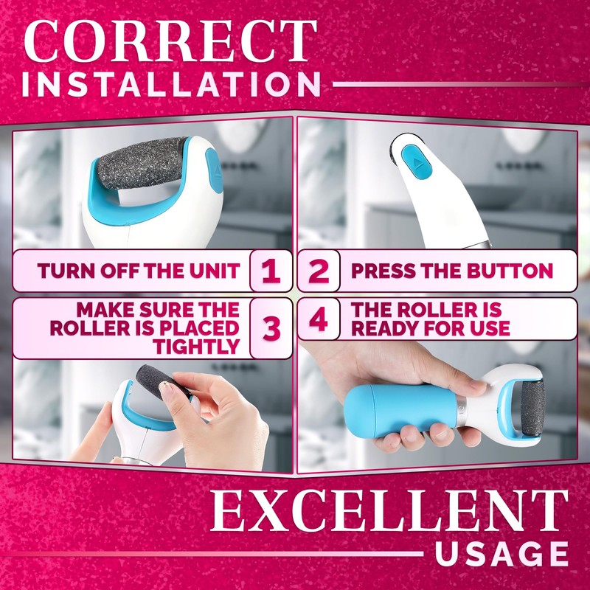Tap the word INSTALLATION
[x=171, y=84]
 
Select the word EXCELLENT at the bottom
[x=389, y=510]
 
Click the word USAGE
[x=502, y=554]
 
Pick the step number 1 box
[x=271, y=271]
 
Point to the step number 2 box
[x=319, y=271]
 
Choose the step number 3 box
[x=271, y=328]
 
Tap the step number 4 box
[x=319, y=319]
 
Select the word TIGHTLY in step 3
[x=196, y=347]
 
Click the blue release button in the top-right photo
[x=416, y=162]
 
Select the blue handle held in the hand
[x=400, y=411]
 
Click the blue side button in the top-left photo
[x=214, y=170]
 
